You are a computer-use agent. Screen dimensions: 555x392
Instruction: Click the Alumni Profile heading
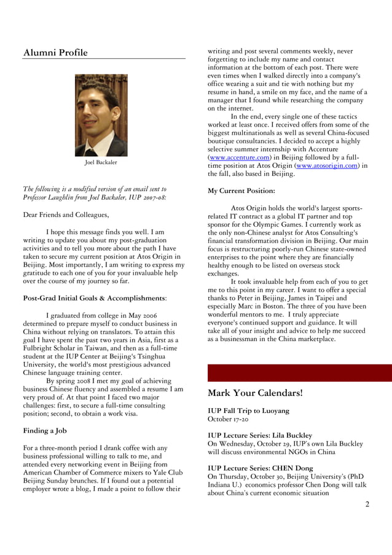(55, 53)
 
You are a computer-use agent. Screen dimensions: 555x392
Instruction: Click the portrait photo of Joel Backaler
(101, 115)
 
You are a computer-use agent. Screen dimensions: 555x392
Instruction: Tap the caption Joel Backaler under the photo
(101, 163)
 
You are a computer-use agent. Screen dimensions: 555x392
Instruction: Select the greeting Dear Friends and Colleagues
(66, 215)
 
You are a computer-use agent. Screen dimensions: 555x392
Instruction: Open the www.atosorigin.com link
(327, 165)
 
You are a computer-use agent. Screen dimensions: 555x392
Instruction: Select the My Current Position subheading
(241, 191)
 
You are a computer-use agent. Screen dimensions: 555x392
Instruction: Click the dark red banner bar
(299, 373)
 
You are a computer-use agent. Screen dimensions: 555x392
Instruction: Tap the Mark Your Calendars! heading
(255, 393)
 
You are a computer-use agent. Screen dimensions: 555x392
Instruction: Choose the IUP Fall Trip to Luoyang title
(249, 411)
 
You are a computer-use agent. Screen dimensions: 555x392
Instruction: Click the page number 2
(367, 505)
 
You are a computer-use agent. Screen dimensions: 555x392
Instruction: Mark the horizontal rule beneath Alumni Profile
(104, 59)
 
